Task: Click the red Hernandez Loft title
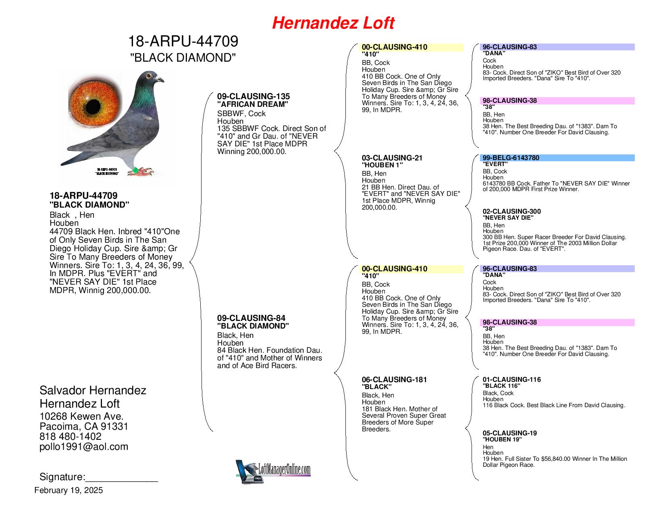pyautogui.click(x=333, y=23)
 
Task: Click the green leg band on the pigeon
pyautogui.click(x=136, y=170)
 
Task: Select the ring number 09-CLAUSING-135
pyautogui.click(x=253, y=97)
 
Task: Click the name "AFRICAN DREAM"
pyautogui.click(x=253, y=104)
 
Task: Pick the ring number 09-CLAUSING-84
pyautogui.click(x=251, y=318)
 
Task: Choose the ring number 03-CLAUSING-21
pyautogui.click(x=392, y=158)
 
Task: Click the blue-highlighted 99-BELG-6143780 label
pyautogui.click(x=511, y=158)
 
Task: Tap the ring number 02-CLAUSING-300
pyautogui.click(x=511, y=212)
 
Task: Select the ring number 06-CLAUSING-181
pyautogui.click(x=394, y=380)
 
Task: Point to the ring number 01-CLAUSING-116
pyautogui.click(x=511, y=380)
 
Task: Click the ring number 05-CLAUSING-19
pyautogui.click(x=509, y=433)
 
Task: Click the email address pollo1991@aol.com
pyautogui.click(x=84, y=447)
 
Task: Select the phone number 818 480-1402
pyautogui.click(x=70, y=437)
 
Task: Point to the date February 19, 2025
pyautogui.click(x=69, y=491)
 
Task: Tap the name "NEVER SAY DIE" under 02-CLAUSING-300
pyautogui.click(x=508, y=218)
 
